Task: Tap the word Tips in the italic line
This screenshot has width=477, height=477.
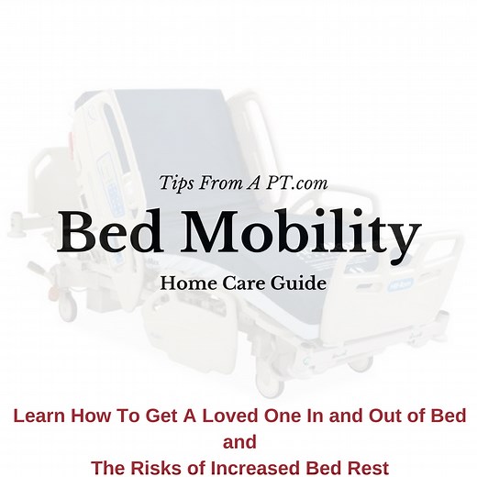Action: (180, 184)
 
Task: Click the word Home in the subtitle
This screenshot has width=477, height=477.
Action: (186, 283)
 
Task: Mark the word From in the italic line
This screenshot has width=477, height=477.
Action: (231, 184)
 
